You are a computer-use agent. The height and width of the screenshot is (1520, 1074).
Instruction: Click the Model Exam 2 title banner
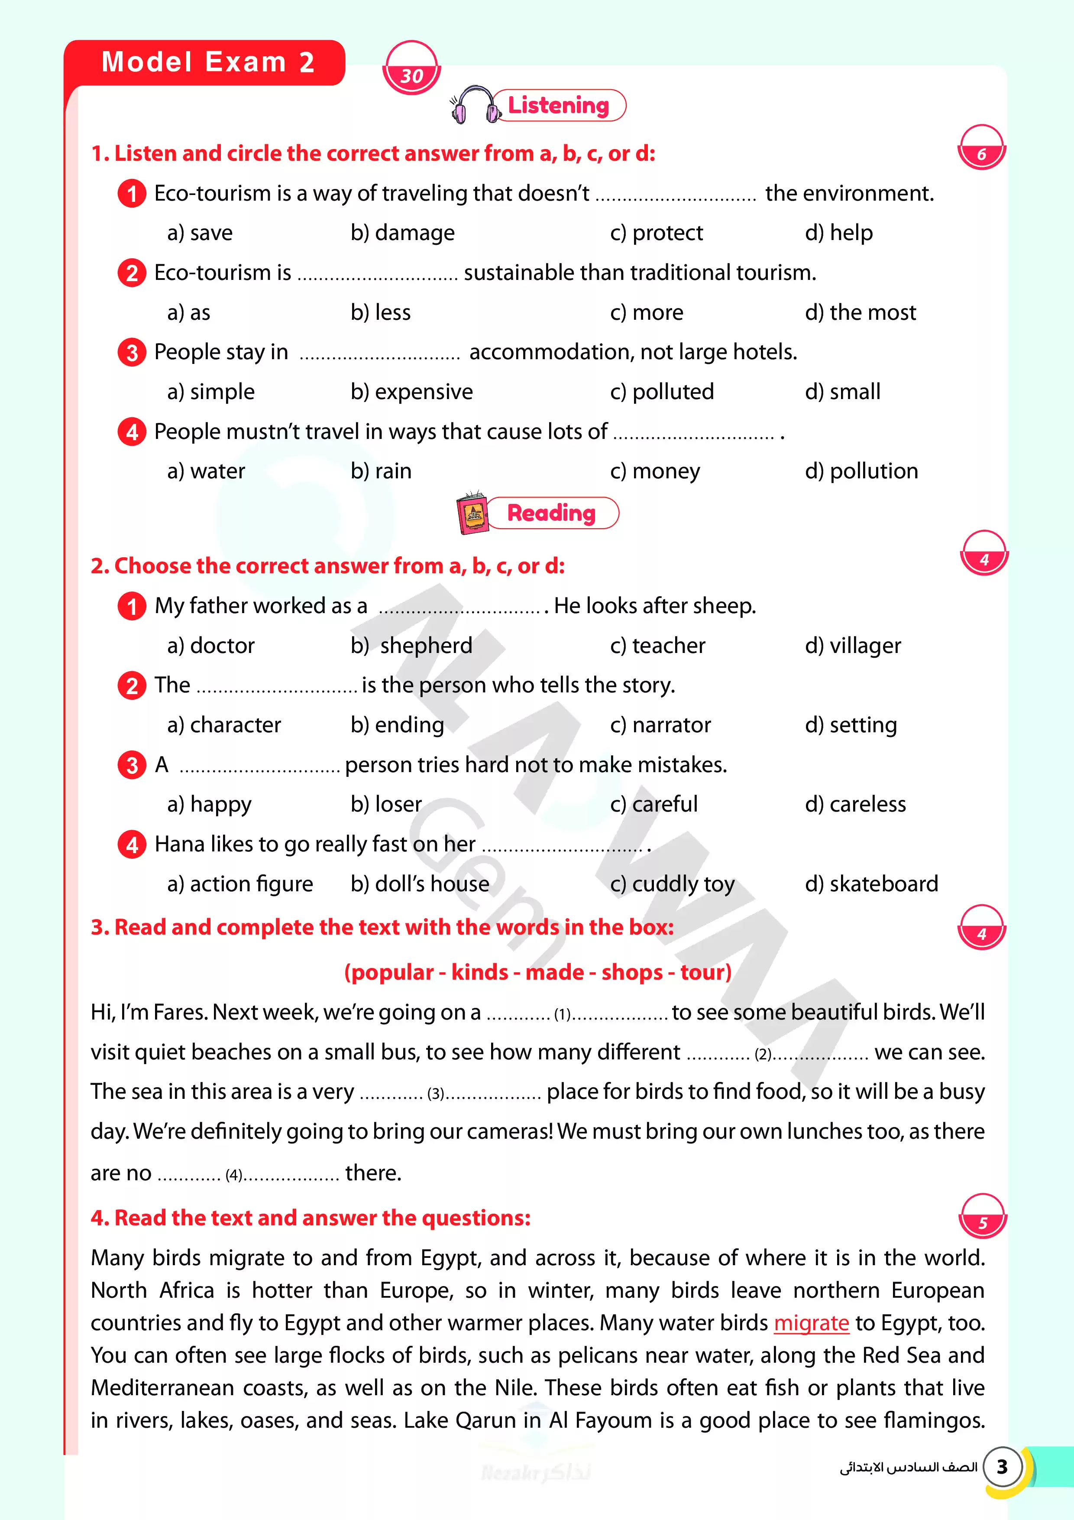point(207,63)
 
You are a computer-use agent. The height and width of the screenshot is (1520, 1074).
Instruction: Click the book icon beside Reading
point(472,513)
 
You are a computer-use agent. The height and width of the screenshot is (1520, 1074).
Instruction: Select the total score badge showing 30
point(411,69)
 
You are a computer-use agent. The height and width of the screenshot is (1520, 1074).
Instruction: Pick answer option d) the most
point(860,312)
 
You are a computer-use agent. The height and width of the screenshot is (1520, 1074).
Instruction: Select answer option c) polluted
point(662,392)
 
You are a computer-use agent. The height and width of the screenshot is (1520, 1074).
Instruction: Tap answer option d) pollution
point(861,471)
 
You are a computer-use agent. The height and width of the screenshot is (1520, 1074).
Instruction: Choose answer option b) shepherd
point(411,646)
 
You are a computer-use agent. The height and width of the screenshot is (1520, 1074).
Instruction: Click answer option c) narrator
point(660,725)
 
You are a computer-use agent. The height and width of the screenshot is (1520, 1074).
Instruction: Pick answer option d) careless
point(855,804)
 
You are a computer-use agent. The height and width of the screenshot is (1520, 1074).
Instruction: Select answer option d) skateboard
point(871,884)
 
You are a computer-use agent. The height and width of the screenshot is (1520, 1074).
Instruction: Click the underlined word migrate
point(811,1323)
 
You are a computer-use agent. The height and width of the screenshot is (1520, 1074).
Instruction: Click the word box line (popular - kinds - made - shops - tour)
point(537,972)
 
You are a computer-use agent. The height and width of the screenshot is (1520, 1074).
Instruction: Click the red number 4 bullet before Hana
point(132,845)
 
